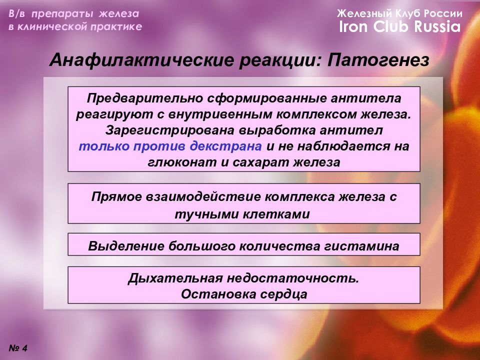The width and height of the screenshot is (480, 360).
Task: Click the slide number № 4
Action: [x=18, y=348]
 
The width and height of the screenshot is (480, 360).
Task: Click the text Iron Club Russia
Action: [x=399, y=27]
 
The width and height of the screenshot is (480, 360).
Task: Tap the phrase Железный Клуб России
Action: [x=399, y=13]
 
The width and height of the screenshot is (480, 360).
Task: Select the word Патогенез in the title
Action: [x=379, y=61]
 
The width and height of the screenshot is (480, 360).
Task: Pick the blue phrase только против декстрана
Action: [x=170, y=146]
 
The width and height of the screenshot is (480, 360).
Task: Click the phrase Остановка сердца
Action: [x=244, y=293]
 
